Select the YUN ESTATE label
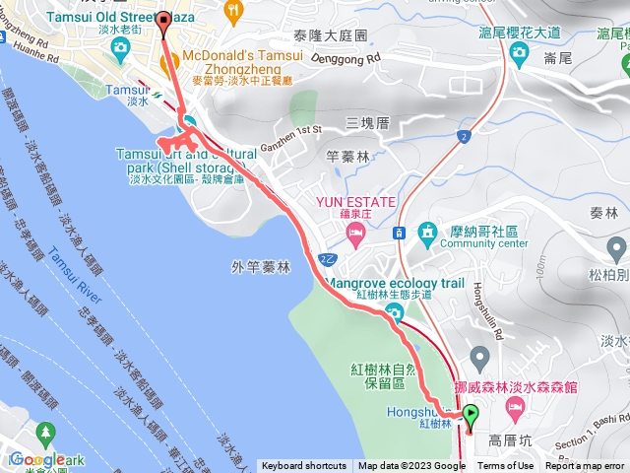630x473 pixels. point(355,202)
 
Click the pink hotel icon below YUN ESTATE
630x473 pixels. point(355,234)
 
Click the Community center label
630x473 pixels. point(485,242)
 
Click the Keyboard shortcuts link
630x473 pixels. point(303,466)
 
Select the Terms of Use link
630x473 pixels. point(506,466)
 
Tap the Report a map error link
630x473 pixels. point(586,466)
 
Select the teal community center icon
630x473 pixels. point(427,234)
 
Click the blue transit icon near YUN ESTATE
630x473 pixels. point(400,234)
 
